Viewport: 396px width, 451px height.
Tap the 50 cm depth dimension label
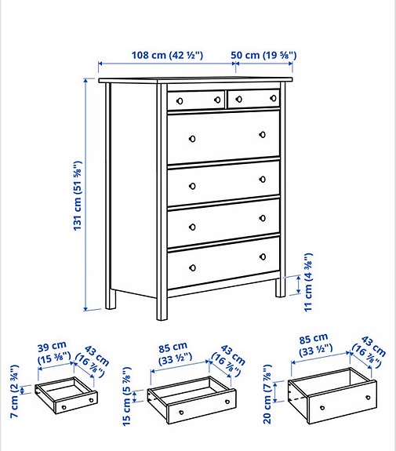(x=264, y=55)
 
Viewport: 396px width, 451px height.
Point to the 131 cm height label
(x=78, y=196)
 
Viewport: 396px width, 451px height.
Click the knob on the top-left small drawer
(x=180, y=100)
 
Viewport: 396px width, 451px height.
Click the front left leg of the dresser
(x=162, y=306)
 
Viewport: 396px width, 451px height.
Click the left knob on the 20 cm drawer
(x=322, y=408)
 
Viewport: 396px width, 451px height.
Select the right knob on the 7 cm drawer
(x=92, y=399)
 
